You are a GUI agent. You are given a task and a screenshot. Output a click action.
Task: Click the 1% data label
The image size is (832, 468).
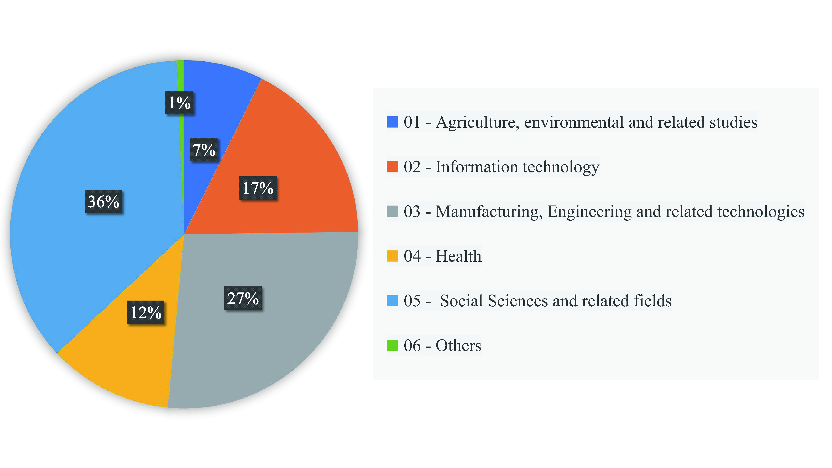pyautogui.click(x=179, y=103)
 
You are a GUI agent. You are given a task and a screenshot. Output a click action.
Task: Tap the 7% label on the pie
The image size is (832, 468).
pyautogui.click(x=204, y=150)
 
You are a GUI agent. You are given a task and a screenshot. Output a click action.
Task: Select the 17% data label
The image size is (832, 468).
pyautogui.click(x=258, y=188)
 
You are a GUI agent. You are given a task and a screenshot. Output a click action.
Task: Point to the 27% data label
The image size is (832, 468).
pyautogui.click(x=243, y=298)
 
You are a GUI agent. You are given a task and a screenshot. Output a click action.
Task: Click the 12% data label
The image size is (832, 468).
pyautogui.click(x=146, y=312)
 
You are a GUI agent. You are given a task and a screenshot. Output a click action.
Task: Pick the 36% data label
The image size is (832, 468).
pyautogui.click(x=103, y=202)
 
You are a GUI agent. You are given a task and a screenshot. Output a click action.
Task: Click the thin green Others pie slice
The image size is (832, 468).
pyautogui.click(x=181, y=78)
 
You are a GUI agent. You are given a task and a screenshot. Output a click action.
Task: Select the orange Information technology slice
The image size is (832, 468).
pyautogui.click(x=291, y=161)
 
